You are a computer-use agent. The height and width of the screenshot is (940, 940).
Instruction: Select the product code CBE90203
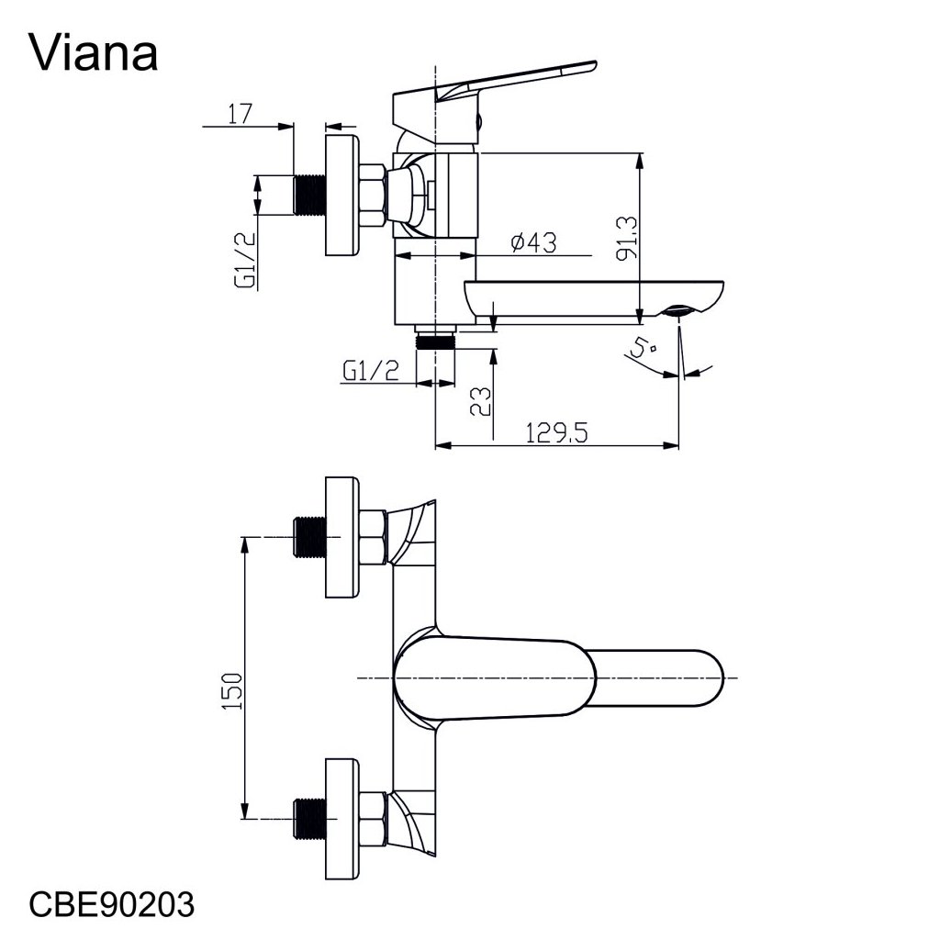(113, 905)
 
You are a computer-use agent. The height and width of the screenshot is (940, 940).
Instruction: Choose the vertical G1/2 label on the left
(245, 260)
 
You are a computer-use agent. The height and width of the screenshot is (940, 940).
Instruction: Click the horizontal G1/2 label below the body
(372, 371)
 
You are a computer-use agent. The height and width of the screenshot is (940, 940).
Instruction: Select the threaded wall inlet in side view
(311, 196)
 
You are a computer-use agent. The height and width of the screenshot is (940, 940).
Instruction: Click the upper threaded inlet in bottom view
(311, 537)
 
